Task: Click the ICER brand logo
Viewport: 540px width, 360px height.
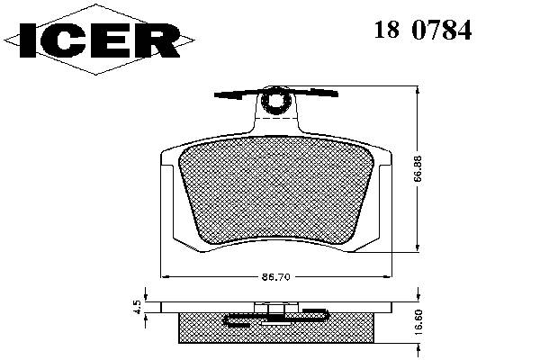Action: [99, 40]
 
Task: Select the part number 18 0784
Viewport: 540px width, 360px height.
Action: [423, 30]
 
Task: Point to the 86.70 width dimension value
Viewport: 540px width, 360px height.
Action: [276, 276]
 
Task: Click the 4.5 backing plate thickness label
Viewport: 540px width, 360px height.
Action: [137, 307]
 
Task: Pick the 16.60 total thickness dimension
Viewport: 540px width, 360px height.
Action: [419, 322]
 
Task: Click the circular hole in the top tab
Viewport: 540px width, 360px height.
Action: [276, 100]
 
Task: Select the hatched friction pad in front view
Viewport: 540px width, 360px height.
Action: [276, 190]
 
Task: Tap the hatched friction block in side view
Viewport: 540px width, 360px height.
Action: [276, 328]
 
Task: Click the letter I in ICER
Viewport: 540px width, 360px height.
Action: [28, 40]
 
